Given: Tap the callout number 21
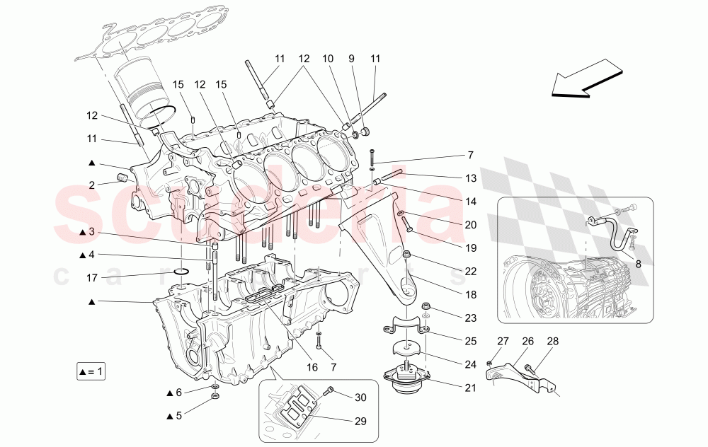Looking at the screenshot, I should tap(471, 388).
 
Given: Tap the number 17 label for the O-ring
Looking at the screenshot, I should tap(91, 278).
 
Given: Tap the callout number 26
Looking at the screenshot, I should tap(527, 341).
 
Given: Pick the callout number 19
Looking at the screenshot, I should tap(471, 248).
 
